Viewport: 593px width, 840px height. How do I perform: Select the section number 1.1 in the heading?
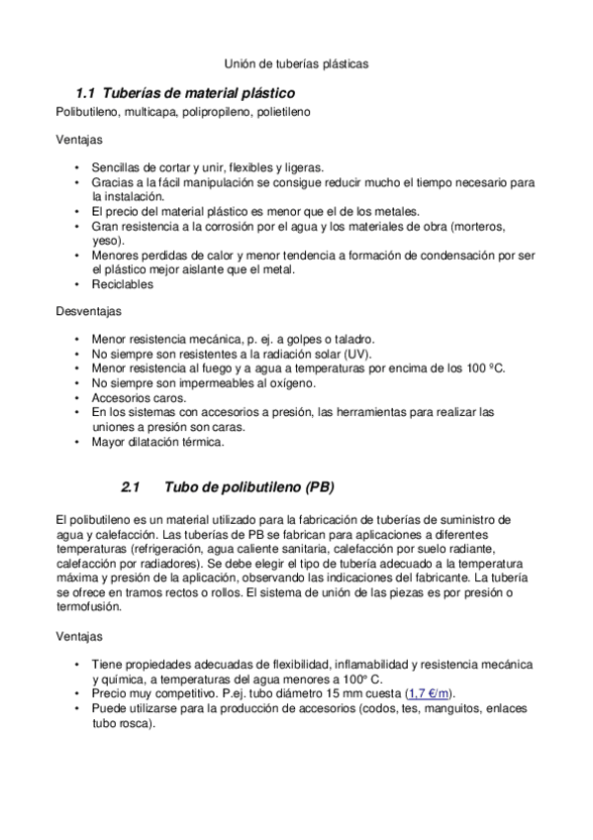point(85,92)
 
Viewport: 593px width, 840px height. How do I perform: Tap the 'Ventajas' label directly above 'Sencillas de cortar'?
point(77,141)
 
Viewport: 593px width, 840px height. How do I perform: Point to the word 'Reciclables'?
point(123,283)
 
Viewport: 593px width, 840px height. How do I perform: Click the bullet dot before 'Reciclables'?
point(78,284)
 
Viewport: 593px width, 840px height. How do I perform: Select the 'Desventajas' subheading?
point(88,311)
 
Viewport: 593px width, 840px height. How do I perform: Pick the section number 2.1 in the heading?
point(132,487)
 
